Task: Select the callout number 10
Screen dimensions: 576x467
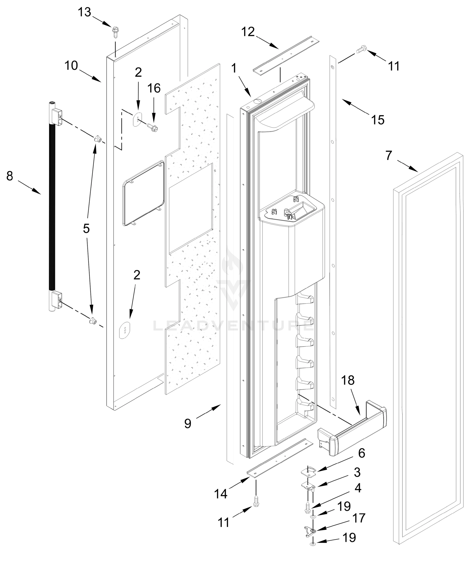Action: coord(71,66)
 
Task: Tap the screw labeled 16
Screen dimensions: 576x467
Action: coord(153,126)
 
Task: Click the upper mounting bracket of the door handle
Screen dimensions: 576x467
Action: coord(56,117)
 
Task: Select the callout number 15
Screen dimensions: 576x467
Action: coord(378,120)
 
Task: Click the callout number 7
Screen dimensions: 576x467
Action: coord(389,156)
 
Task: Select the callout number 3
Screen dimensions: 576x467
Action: coord(357,472)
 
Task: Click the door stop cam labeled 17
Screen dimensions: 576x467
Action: coord(310,531)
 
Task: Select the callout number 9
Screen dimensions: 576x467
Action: coord(187,423)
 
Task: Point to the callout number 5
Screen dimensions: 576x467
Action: coord(86,228)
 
